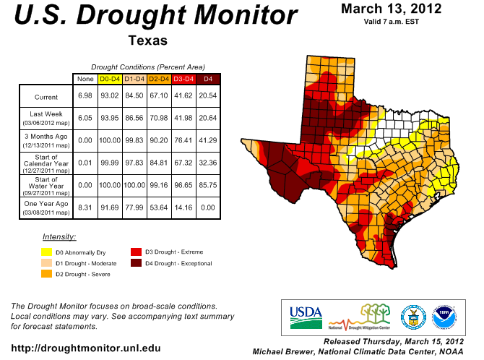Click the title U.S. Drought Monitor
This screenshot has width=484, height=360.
(x=155, y=16)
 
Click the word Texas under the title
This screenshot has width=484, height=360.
(x=147, y=40)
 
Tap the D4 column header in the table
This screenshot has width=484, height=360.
(x=208, y=78)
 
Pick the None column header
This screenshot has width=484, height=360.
(x=86, y=78)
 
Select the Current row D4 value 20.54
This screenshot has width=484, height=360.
(x=208, y=97)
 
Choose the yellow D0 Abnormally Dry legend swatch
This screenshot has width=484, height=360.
(x=47, y=252)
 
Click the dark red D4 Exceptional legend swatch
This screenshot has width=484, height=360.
(x=135, y=262)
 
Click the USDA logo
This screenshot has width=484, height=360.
(x=305, y=312)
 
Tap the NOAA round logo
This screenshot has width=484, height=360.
(x=444, y=316)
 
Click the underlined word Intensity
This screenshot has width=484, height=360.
(x=59, y=237)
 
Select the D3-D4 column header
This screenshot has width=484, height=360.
(x=183, y=78)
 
